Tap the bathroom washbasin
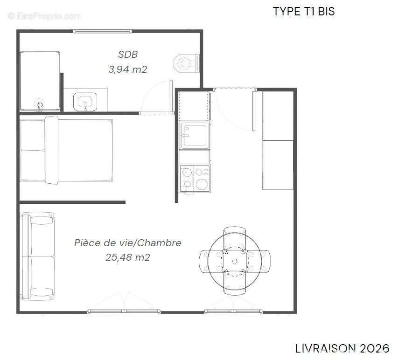click(x=85, y=101)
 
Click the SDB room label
click(x=128, y=55)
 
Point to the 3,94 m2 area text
click(x=128, y=70)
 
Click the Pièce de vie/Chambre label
click(x=128, y=243)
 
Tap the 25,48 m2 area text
click(x=128, y=257)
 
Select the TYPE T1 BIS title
click(x=304, y=12)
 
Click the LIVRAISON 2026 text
click(x=342, y=348)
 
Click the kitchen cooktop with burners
click(x=195, y=178)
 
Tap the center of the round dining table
click(x=235, y=261)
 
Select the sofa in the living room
click(x=37, y=256)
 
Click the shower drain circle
click(x=40, y=104)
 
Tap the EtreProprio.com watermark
click(x=45, y=16)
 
